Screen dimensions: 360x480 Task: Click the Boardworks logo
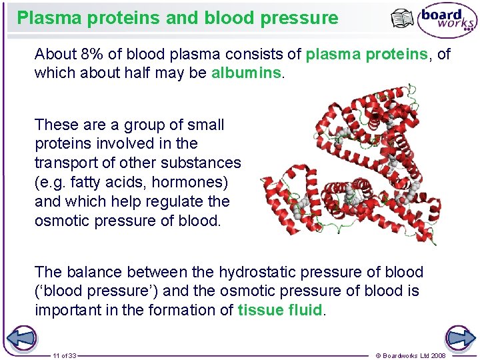point(447,21)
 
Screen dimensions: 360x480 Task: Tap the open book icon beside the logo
point(403,20)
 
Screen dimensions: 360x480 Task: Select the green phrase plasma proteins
point(366,54)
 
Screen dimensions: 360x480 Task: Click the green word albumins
point(247,73)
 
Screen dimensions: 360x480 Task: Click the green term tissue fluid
point(279,309)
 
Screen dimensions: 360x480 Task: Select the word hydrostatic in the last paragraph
point(259,272)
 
